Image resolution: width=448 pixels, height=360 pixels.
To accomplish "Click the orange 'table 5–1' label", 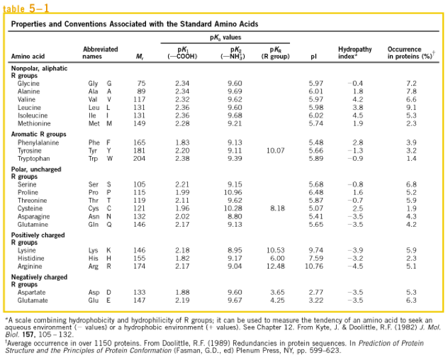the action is pyautogui.click(x=26, y=8).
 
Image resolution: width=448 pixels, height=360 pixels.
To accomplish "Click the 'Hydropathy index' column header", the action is pyautogui.click(x=355, y=53).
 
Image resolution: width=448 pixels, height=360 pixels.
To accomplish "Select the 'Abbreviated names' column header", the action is pyautogui.click(x=100, y=53).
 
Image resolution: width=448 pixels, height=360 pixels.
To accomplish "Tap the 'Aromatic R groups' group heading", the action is pyautogui.click(x=39, y=134).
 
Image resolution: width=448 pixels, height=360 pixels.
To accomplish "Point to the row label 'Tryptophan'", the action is pyautogui.click(x=34, y=159).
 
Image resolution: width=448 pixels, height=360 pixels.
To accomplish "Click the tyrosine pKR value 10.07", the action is pyautogui.click(x=275, y=151).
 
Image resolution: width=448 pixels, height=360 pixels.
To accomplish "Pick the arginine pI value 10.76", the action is pyautogui.click(x=314, y=266).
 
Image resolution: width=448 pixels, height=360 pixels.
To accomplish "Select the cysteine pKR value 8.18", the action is pyautogui.click(x=277, y=208).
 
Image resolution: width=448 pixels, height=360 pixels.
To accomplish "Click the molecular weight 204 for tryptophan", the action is pyautogui.click(x=139, y=159).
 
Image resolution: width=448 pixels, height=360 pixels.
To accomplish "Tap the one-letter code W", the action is pyautogui.click(x=110, y=159).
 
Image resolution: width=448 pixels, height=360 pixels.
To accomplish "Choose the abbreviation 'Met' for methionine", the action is pyautogui.click(x=94, y=123).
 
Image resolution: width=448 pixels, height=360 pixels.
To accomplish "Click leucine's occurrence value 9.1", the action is pyautogui.click(x=411, y=107).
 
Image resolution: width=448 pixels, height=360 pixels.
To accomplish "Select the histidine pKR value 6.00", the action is pyautogui.click(x=277, y=258).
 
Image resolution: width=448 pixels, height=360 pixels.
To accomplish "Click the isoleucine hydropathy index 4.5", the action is pyautogui.click(x=358, y=115).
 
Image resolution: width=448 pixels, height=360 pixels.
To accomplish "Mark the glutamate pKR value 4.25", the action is pyautogui.click(x=277, y=300).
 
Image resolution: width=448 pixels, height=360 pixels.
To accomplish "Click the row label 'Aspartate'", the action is pyautogui.click(x=31, y=292).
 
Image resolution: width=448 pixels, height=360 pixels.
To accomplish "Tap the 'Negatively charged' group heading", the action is pyautogui.click(x=39, y=277).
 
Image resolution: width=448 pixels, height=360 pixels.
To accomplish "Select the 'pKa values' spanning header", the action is pyautogui.click(x=225, y=37).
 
